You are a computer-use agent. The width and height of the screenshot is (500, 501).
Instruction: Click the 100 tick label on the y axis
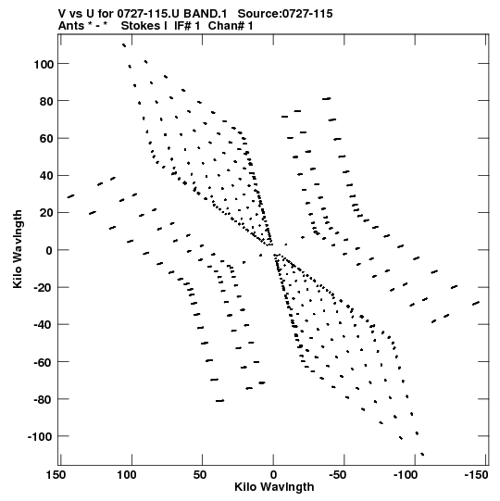[x=44, y=64]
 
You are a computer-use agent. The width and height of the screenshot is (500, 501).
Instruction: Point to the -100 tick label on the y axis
[x=41, y=436]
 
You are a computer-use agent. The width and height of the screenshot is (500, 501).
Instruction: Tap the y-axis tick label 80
[x=46, y=101]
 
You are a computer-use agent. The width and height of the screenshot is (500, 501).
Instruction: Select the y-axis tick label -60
[x=44, y=362]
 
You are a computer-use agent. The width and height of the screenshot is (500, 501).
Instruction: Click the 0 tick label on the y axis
[x=49, y=250]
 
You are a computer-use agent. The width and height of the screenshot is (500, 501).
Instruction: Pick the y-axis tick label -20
[x=44, y=288]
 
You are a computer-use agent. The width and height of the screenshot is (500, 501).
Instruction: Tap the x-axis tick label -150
[x=476, y=475]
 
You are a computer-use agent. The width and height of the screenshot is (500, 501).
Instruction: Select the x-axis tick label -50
[x=337, y=475]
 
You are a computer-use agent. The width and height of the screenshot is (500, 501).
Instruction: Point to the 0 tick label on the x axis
[x=273, y=475]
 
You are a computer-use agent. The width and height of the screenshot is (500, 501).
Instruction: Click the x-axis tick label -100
[x=406, y=475]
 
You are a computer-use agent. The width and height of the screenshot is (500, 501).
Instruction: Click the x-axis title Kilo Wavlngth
[x=274, y=487]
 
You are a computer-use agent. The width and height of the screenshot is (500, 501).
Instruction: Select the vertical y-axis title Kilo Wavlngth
[x=18, y=249]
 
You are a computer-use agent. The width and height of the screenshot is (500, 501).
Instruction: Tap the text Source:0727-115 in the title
[x=285, y=14]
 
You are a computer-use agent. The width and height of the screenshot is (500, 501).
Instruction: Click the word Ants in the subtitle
[x=71, y=26]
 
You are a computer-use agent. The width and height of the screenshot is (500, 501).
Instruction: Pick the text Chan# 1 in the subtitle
[x=231, y=26]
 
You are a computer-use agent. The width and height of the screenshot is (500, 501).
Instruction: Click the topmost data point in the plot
[x=124, y=45]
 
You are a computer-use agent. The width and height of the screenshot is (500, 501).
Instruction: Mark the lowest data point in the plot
[x=422, y=454]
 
